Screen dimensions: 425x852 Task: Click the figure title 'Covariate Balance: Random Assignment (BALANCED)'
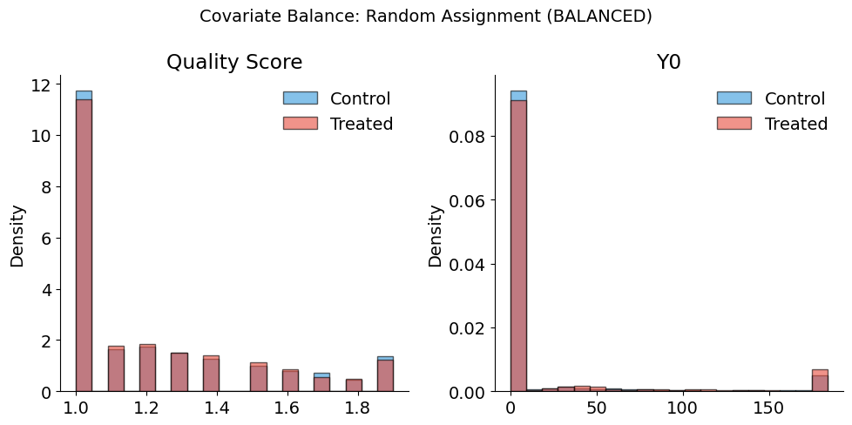point(426,16)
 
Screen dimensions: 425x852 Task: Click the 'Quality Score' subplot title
point(234,62)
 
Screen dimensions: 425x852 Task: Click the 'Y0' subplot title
point(669,62)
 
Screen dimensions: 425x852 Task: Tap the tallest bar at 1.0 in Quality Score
point(84,244)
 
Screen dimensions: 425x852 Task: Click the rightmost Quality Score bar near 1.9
point(385,374)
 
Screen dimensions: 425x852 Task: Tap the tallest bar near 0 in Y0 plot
point(517,244)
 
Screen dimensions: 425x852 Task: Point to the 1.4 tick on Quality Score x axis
point(216,408)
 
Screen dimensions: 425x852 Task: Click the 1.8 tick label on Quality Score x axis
point(355,408)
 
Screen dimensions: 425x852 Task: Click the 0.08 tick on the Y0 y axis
point(469,136)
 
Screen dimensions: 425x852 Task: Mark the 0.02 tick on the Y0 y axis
point(469,328)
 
